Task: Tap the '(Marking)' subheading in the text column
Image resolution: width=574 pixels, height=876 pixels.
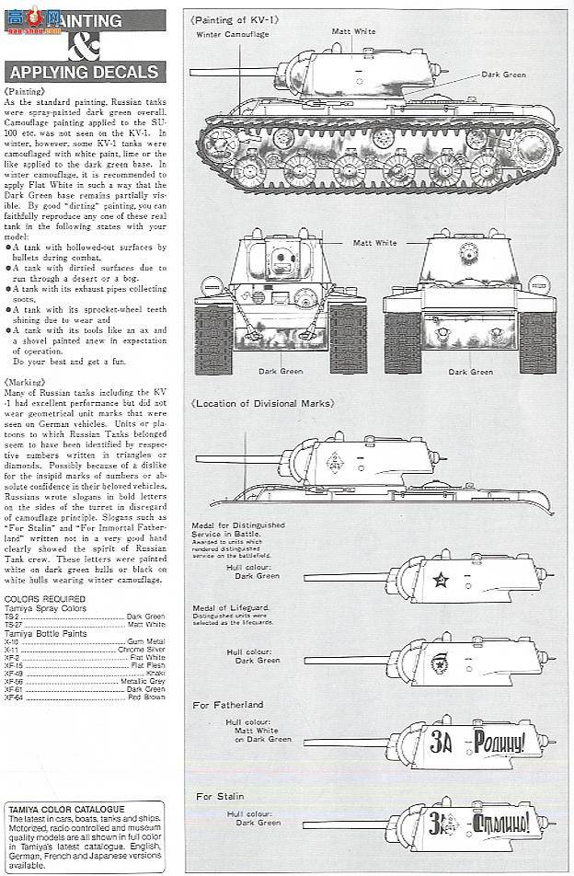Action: [x=22, y=380]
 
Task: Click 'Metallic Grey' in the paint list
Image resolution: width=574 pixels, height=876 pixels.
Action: [x=143, y=682]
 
